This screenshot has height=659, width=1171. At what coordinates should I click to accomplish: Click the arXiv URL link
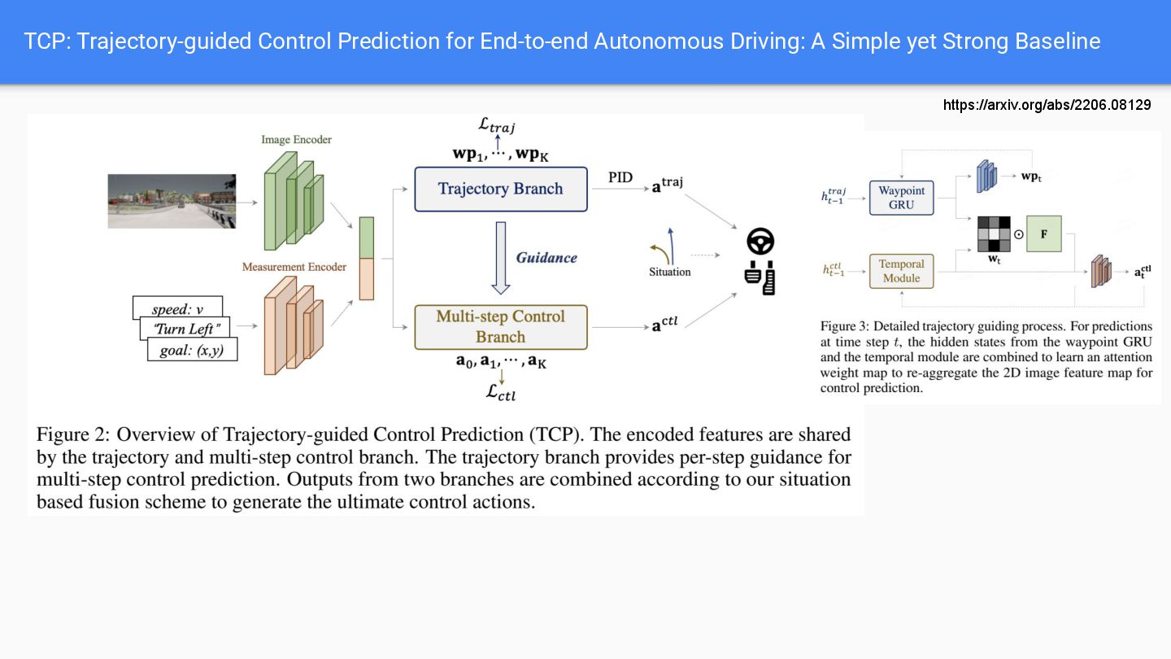click(x=1047, y=105)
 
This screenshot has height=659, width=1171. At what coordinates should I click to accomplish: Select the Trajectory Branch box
click(x=500, y=189)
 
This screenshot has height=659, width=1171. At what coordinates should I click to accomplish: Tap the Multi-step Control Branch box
click(x=500, y=327)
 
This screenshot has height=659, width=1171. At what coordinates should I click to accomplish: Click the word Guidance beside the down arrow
click(x=546, y=258)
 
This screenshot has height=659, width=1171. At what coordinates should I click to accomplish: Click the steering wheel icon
click(x=760, y=242)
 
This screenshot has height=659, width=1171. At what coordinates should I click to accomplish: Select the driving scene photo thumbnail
click(x=172, y=201)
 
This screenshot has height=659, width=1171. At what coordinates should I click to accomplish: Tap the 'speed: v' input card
click(x=177, y=308)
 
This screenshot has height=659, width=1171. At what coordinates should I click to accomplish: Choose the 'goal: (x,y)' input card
click(x=193, y=350)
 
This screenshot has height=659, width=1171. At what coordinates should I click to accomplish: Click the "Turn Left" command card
click(x=185, y=329)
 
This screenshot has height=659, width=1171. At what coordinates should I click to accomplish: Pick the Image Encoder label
click(x=296, y=140)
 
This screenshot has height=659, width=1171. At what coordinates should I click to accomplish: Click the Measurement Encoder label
click(x=294, y=267)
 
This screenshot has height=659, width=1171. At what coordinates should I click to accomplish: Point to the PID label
click(x=620, y=177)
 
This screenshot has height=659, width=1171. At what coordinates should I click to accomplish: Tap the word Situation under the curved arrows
click(x=669, y=272)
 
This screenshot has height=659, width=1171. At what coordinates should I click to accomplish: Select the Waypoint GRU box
click(x=902, y=198)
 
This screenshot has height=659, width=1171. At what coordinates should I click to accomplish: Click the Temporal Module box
click(x=902, y=271)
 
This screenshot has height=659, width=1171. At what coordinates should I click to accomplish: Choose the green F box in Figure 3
click(x=1043, y=233)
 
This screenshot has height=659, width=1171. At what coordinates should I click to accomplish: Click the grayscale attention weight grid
click(x=994, y=234)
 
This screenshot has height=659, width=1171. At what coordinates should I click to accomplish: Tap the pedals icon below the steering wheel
click(x=760, y=277)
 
